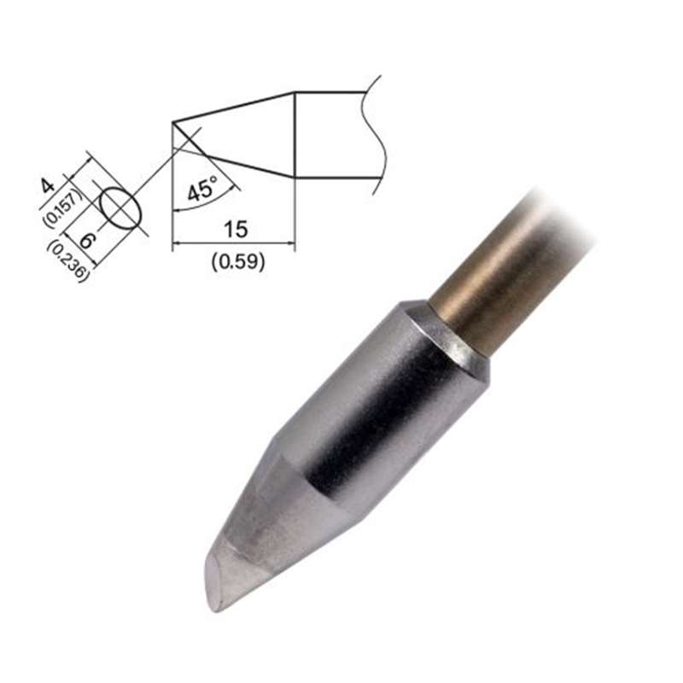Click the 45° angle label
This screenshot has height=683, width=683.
[203, 189]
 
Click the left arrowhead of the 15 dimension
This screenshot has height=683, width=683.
[178, 245]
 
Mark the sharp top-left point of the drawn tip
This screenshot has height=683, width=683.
[173, 122]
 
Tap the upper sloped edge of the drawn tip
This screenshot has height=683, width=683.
[235, 107]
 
